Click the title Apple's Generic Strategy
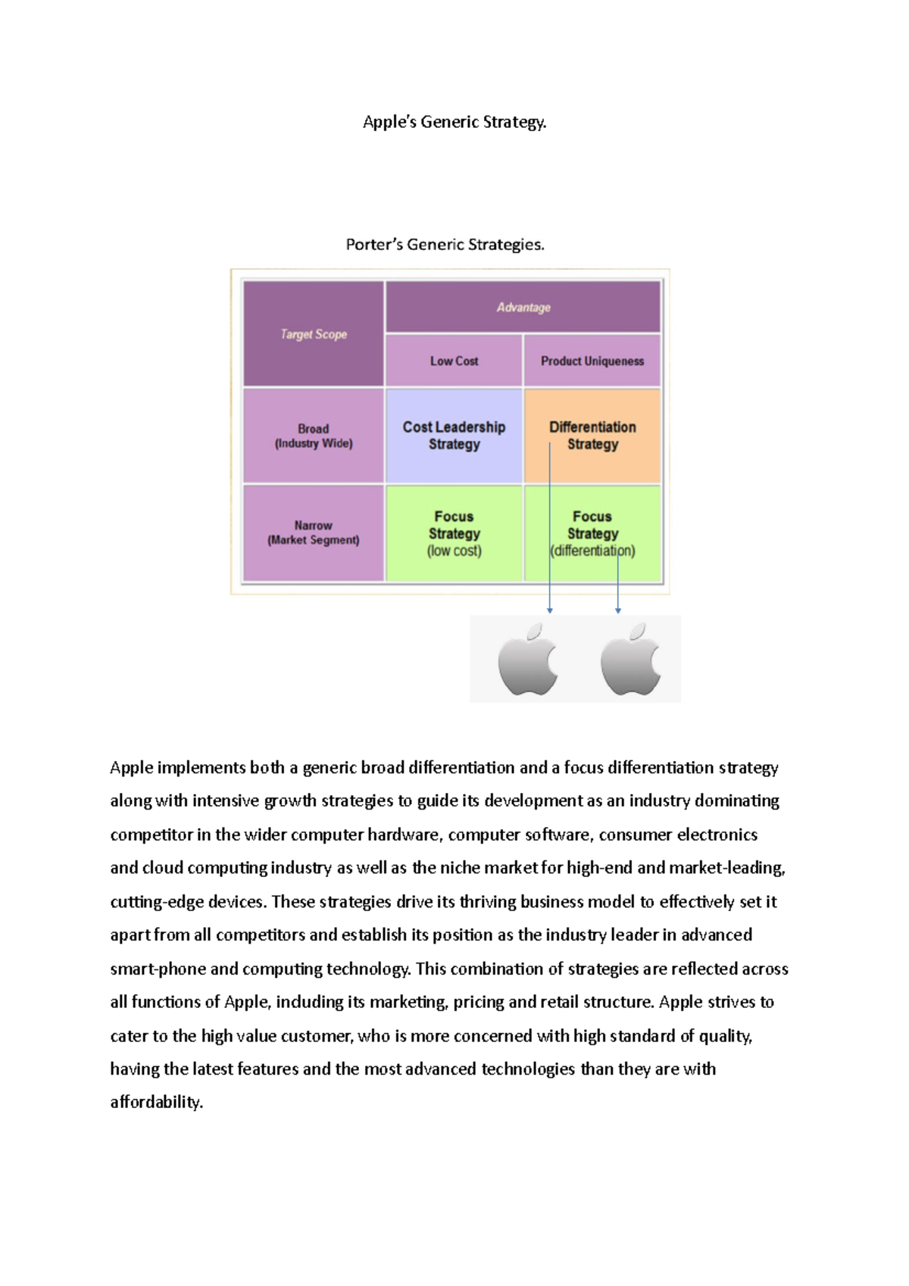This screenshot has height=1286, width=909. point(454,122)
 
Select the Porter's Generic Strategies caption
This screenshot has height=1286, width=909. point(445,245)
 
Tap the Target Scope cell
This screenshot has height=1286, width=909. point(314,334)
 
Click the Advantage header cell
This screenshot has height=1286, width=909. point(523,307)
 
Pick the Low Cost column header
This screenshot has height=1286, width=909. point(454,361)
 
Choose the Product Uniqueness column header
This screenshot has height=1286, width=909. point(592,361)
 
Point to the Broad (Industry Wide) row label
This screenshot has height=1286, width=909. point(314,436)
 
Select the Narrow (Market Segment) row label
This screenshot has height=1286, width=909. point(314,532)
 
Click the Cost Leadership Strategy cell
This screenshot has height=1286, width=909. point(454,435)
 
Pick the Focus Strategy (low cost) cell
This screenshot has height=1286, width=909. point(454,533)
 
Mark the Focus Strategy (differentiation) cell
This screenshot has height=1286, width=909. point(592,533)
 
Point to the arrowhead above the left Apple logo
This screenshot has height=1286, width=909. point(550,610)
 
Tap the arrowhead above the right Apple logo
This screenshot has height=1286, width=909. point(618,610)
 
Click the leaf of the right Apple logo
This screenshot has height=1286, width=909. point(639,632)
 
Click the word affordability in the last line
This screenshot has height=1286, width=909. point(156,1102)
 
